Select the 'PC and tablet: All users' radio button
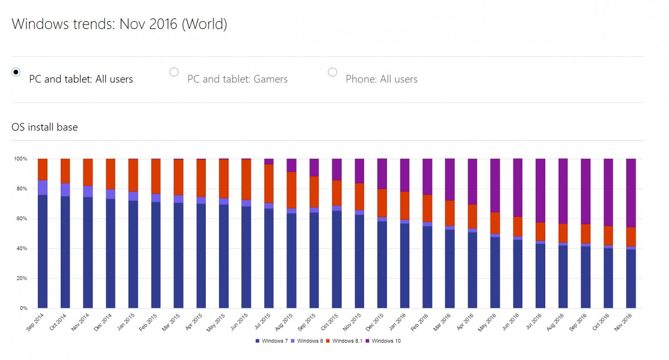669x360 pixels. click(x=16, y=71)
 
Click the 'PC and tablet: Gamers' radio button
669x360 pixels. click(x=174, y=71)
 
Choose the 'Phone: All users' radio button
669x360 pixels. click(x=332, y=71)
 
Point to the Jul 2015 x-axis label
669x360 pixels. click(x=263, y=322)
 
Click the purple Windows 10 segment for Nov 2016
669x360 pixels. click(x=631, y=193)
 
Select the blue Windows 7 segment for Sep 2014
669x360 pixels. click(x=42, y=251)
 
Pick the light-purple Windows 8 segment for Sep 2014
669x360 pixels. click(x=42, y=188)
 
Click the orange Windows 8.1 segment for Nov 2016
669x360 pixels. click(x=631, y=237)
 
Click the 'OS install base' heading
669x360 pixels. click(x=45, y=127)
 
